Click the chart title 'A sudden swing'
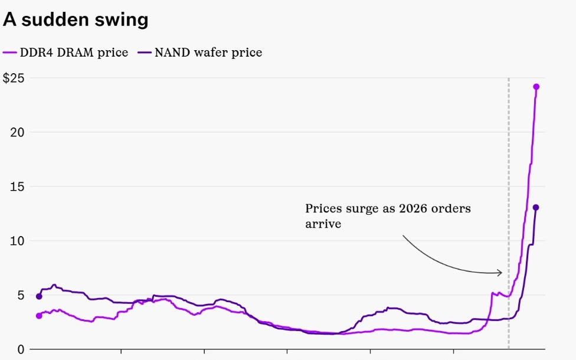76,20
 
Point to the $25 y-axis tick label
14,78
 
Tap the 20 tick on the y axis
17,132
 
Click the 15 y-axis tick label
17,186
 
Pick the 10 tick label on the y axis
17,241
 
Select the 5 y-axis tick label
21,295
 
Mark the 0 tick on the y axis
21,349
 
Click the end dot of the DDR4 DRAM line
536,87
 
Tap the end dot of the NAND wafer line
536,207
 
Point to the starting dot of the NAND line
39,296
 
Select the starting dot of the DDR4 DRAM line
39,316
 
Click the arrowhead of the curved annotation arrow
500,273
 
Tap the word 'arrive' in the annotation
323,224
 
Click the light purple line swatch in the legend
10,53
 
